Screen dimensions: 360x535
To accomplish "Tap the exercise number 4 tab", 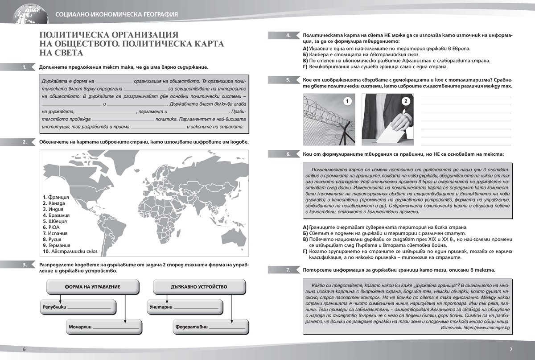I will (288, 35).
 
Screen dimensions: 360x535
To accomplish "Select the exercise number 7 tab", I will (288, 270).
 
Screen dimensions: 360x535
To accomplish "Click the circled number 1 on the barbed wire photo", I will (346, 102).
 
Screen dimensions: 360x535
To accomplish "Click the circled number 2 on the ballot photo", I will (405, 102).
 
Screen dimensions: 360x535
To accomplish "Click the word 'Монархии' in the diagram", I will (80, 327).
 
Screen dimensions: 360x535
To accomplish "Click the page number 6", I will (25, 349).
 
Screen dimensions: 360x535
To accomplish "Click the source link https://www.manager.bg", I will (489, 327).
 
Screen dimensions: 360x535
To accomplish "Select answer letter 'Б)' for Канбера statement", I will (305, 54).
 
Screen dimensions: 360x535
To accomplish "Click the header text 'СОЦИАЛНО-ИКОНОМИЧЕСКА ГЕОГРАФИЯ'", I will (116, 14).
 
